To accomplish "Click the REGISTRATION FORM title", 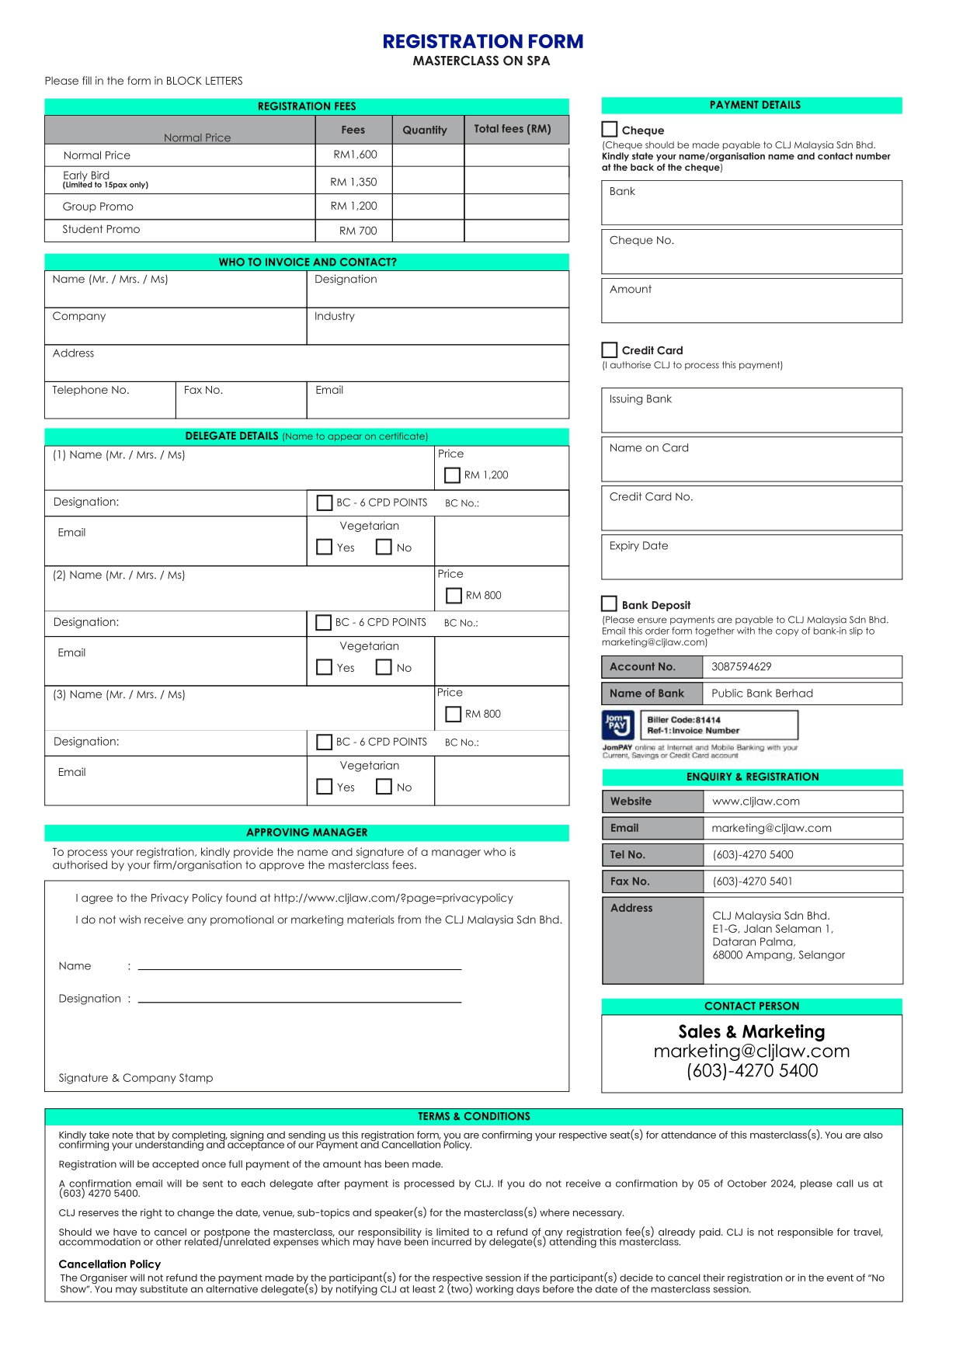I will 482,41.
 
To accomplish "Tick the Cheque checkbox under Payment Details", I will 610,130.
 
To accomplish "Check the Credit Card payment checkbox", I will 610,349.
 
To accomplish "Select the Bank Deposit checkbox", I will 610,604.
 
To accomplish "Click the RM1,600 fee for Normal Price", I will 355,155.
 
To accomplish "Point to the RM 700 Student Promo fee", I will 358,231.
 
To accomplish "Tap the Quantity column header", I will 425,130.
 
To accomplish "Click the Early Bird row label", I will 86,176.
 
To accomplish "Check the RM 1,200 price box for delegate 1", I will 452,475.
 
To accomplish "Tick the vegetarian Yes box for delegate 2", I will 325,667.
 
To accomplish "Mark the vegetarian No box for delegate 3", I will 384,787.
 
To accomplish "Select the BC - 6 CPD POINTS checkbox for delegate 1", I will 325,502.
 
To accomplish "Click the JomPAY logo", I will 617,725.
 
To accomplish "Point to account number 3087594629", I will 741,666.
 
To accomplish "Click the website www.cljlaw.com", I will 756,801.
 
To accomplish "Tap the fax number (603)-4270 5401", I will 753,881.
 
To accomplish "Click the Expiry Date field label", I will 638,546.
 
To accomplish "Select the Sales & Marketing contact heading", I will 751,1031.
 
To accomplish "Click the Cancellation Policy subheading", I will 110,1264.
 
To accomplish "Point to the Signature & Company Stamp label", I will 136,1078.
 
